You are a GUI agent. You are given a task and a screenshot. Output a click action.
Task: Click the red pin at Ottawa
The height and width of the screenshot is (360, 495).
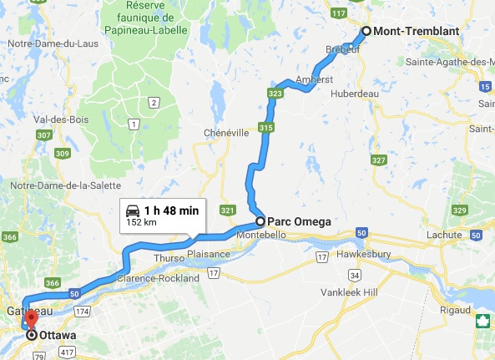32,319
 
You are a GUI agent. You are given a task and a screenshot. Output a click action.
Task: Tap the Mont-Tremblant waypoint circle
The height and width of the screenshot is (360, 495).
366,32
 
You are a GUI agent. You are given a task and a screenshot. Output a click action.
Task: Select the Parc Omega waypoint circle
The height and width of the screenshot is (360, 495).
260,221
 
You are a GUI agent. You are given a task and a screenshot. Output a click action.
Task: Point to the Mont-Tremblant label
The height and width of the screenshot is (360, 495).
411,32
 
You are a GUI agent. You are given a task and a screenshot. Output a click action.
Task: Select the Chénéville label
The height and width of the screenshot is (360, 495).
227,133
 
